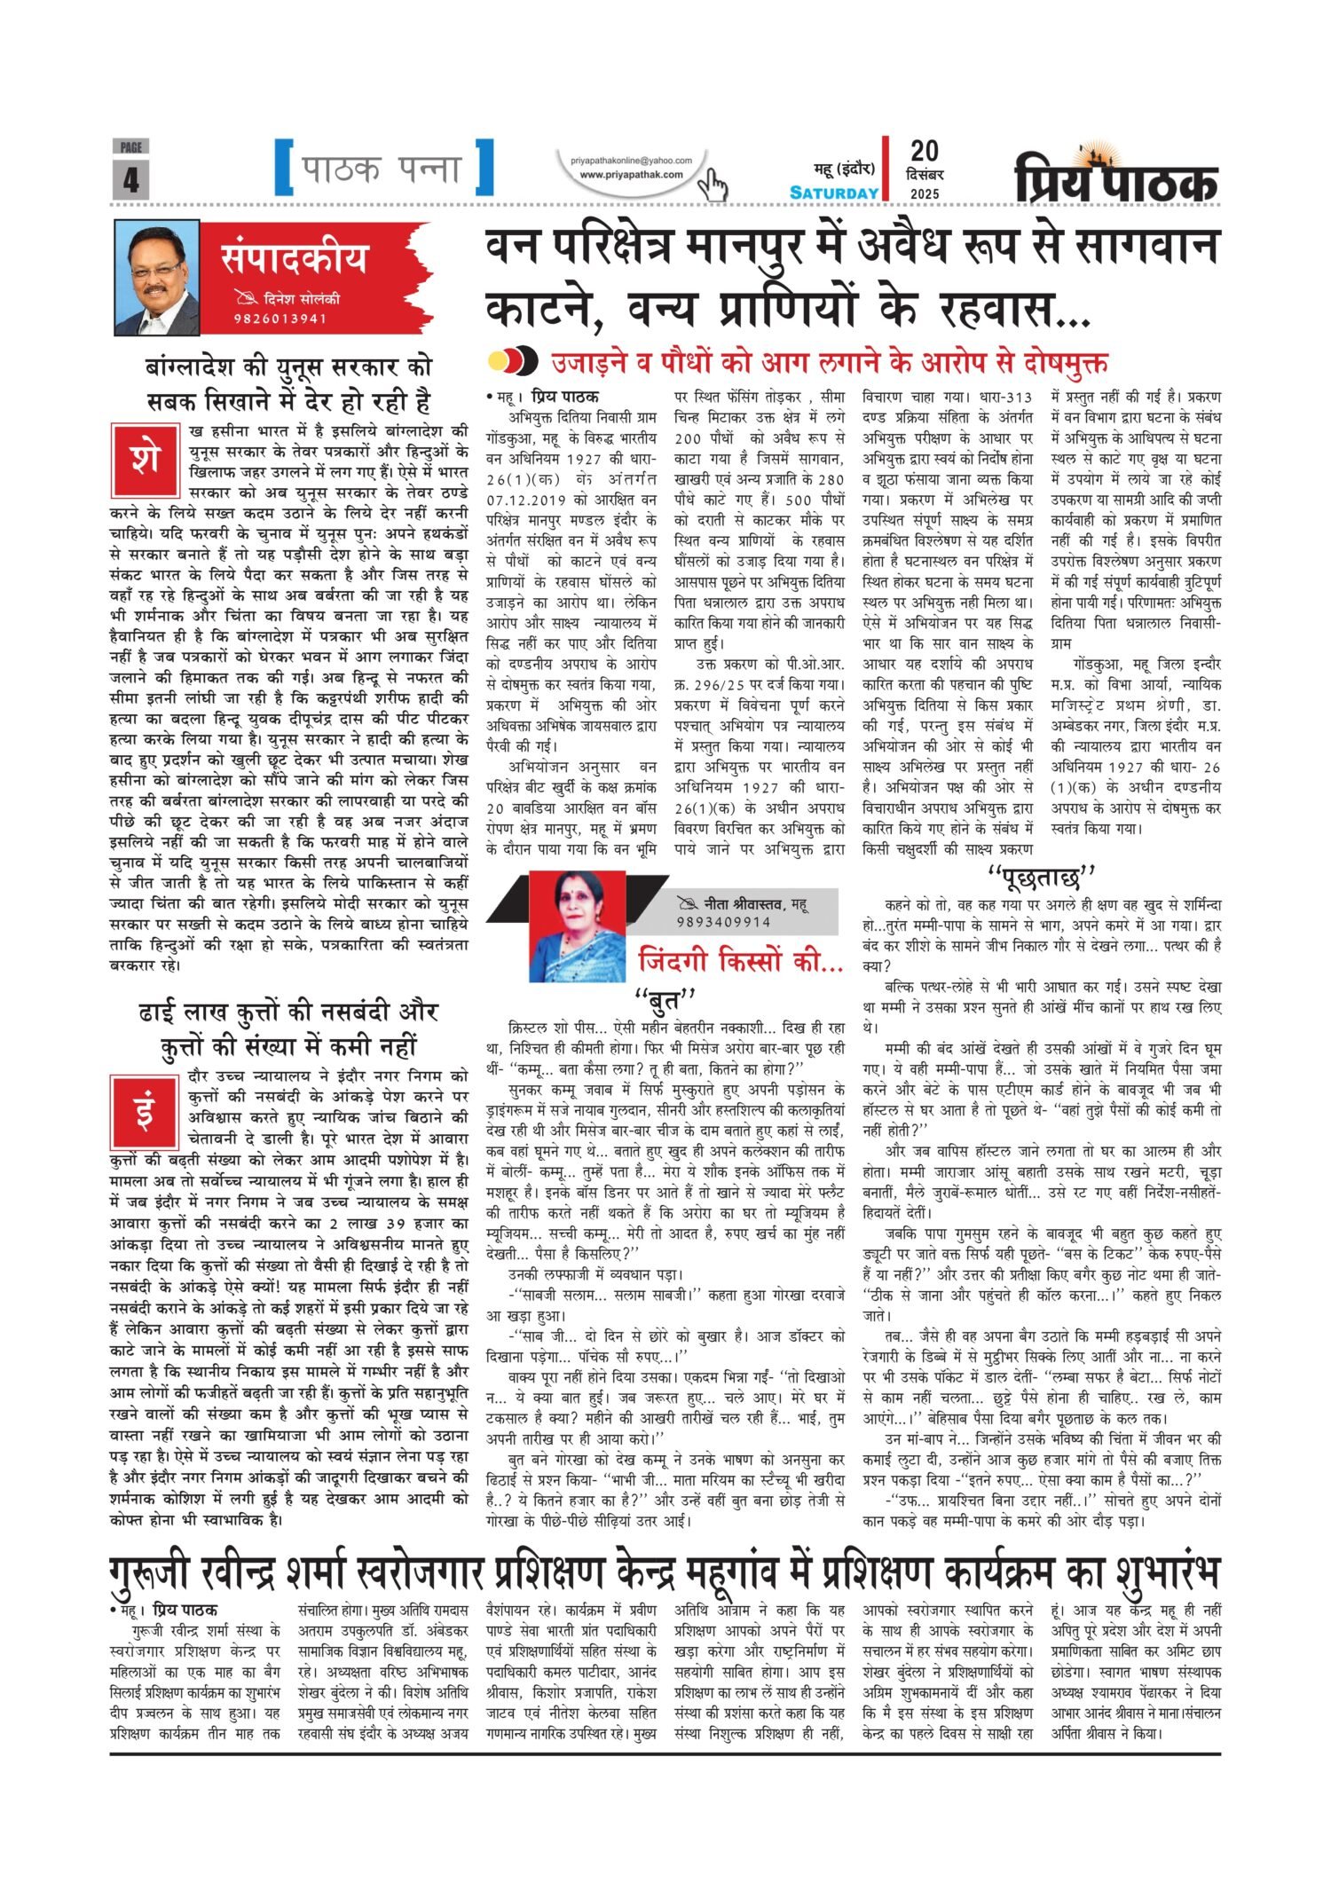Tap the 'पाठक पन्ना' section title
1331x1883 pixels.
(383, 168)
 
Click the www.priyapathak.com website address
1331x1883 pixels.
(631, 175)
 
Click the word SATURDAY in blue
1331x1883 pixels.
(834, 193)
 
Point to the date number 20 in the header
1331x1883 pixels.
(924, 151)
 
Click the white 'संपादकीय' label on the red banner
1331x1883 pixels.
(294, 259)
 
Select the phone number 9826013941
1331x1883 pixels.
(282, 319)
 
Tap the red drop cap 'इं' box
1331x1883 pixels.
(145, 1109)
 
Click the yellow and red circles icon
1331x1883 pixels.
(513, 360)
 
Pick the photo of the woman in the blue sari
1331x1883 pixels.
(577, 926)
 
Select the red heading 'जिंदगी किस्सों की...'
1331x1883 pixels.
(740, 961)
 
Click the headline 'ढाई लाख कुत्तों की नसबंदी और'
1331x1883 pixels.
(288, 1012)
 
